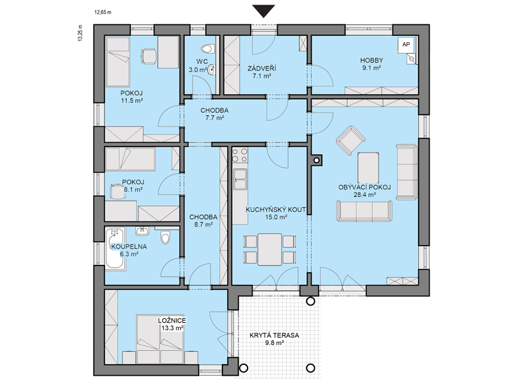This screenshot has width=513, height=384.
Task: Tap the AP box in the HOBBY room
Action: [406, 45]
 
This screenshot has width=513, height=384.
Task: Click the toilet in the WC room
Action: [208, 49]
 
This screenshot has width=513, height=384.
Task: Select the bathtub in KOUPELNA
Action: [115, 249]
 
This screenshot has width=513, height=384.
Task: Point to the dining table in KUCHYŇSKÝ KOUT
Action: [269, 249]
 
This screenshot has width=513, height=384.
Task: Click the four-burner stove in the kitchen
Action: [239, 155]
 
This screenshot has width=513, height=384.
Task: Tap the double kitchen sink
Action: [239, 179]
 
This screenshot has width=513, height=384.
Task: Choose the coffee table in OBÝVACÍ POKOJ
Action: [368, 168]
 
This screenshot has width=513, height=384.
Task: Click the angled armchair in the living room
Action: [350, 140]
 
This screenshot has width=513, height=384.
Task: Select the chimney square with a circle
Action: [316, 160]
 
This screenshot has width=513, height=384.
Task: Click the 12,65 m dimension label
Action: [103, 13]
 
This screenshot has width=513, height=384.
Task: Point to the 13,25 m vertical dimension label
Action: [81, 33]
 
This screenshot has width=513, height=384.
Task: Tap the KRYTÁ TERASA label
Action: [274, 335]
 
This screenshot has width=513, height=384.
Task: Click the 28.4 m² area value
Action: [364, 195]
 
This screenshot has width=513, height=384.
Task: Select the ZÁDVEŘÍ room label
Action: [262, 68]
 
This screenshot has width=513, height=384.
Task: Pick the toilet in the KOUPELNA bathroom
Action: [166, 237]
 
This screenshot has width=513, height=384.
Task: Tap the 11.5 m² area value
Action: [132, 100]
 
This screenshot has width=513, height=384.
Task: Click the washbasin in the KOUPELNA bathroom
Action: [142, 230]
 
